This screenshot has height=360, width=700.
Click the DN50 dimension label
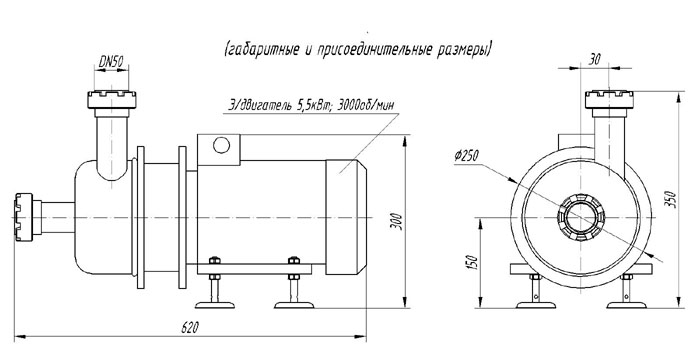[111, 62]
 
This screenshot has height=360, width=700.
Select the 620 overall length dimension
[189, 327]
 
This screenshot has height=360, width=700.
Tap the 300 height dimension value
[399, 222]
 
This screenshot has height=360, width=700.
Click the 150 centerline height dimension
[474, 262]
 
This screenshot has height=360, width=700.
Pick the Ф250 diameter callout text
[467, 155]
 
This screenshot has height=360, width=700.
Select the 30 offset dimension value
[594, 60]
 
